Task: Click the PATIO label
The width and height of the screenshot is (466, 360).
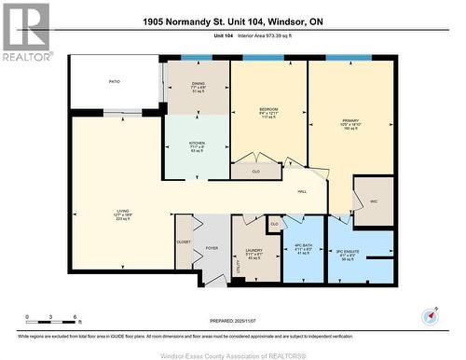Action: [114, 82]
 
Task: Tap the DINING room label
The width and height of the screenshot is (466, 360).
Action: [198, 83]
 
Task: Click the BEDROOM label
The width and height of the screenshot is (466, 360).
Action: [268, 109]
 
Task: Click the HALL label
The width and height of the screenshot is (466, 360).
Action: [302, 192]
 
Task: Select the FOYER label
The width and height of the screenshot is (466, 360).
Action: [212, 248]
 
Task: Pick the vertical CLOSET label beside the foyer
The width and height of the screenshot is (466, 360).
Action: [184, 242]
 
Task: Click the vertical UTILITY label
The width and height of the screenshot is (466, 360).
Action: [239, 267]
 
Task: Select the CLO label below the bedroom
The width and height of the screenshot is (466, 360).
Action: [256, 172]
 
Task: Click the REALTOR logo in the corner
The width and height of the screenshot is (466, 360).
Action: [26, 33]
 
